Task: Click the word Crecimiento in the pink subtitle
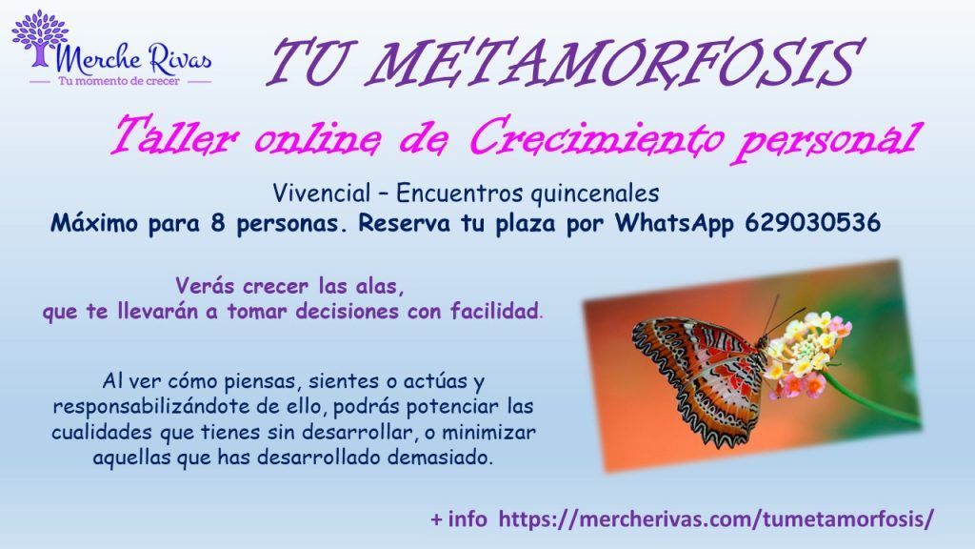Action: pos(596,138)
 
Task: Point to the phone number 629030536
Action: pos(812,222)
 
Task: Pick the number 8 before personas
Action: pos(217,223)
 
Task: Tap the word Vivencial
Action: pos(322,193)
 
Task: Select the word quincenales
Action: pos(595,194)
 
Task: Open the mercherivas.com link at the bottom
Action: pos(716,518)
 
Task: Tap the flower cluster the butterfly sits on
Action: pos(806,354)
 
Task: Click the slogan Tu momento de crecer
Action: pos(119,81)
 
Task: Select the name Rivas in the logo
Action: pos(180,60)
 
